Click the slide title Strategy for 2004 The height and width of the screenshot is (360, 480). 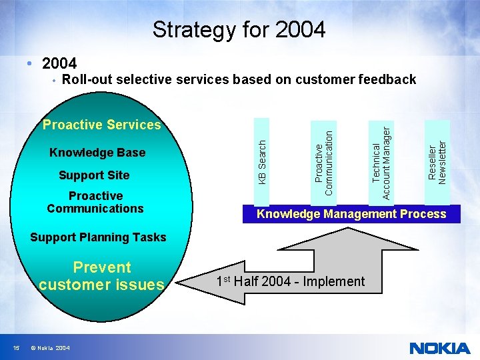(239, 29)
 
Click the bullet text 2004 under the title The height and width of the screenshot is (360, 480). (59, 64)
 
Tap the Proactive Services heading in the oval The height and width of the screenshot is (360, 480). (102, 125)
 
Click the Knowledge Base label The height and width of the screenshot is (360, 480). (97, 153)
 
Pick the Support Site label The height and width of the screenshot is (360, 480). (94, 175)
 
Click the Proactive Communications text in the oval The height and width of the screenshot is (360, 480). (95, 202)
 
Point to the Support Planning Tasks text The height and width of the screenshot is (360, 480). (98, 237)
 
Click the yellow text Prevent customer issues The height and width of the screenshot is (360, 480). (101, 276)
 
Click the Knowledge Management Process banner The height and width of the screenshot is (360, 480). (351, 214)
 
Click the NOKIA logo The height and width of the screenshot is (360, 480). (439, 348)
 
